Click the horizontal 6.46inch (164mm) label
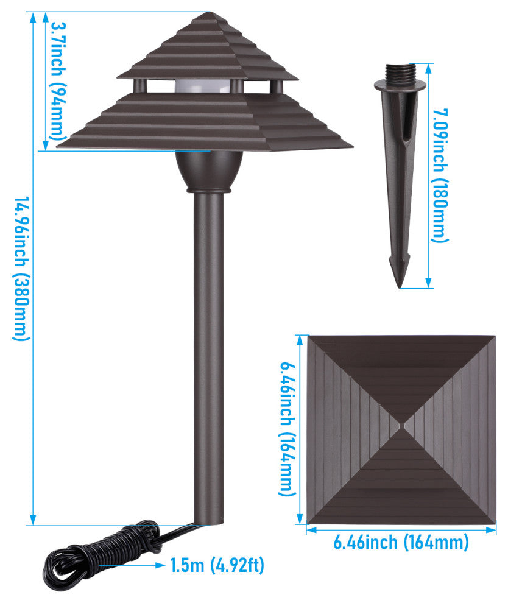point(401,541)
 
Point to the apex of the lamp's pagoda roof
point(208,13)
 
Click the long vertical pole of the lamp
point(208,353)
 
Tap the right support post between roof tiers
point(276,86)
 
